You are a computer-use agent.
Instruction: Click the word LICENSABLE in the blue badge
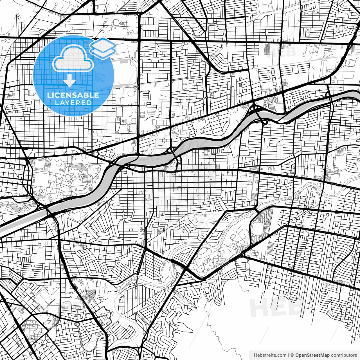coord(73,95)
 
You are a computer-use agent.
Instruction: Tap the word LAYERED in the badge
coord(73,103)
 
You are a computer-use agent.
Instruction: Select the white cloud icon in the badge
coord(73,58)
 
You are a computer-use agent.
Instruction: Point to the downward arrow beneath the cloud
coord(69,81)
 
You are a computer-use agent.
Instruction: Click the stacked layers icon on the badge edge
coord(103,49)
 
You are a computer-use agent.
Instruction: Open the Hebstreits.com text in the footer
coord(270,355)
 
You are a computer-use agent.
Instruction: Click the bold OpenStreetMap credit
coord(312,355)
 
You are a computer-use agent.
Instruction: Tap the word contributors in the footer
coord(344,355)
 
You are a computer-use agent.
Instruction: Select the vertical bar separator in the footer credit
coord(289,355)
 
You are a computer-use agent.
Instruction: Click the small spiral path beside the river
coord(90,189)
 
